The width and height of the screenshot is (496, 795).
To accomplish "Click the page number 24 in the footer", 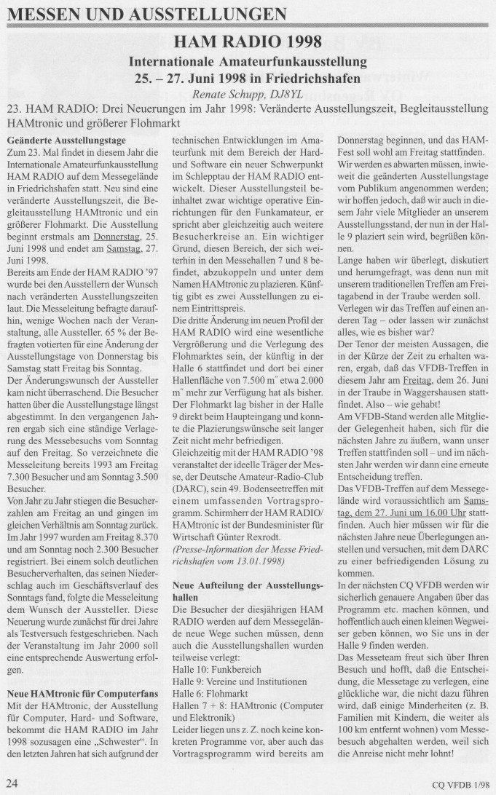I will pyautogui.click(x=12, y=782).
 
